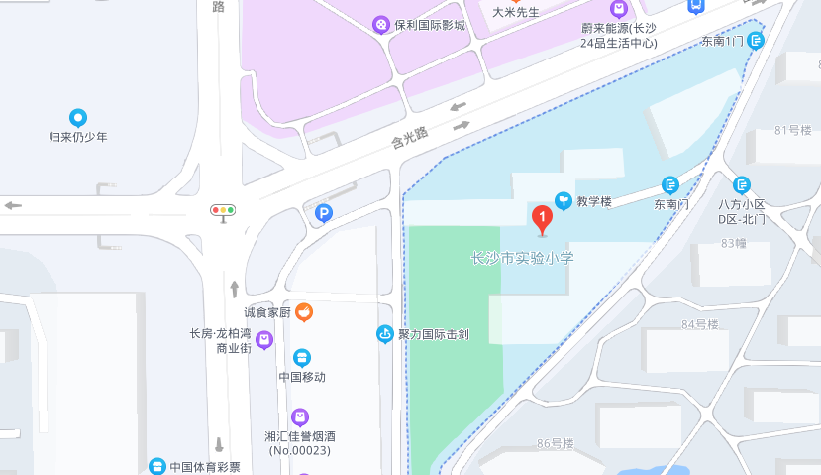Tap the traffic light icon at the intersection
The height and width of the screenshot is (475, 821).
pyautogui.click(x=223, y=210)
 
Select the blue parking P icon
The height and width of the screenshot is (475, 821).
pyautogui.click(x=324, y=212)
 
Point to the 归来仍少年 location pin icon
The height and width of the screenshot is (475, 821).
pyautogui.click(x=78, y=118)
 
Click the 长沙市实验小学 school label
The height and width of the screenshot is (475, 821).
pyautogui.click(x=522, y=258)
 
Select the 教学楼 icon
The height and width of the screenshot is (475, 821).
pyautogui.click(x=563, y=201)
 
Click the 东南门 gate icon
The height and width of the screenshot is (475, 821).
pyautogui.click(x=670, y=184)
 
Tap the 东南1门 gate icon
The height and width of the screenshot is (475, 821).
pyautogui.click(x=757, y=41)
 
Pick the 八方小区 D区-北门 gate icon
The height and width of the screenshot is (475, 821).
pyautogui.click(x=742, y=184)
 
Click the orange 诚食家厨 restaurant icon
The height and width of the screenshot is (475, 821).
pyautogui.click(x=305, y=313)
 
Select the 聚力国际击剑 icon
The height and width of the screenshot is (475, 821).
pyautogui.click(x=385, y=334)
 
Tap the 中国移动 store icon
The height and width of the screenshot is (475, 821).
pyautogui.click(x=302, y=358)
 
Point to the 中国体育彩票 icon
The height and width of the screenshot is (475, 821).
pyautogui.click(x=156, y=466)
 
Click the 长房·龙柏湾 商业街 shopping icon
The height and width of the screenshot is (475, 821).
pyautogui.click(x=264, y=341)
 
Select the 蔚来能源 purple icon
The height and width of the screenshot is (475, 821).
pyautogui.click(x=619, y=9)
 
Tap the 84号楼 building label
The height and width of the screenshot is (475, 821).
pyautogui.click(x=699, y=324)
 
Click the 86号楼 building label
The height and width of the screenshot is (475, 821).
pyautogui.click(x=556, y=443)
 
